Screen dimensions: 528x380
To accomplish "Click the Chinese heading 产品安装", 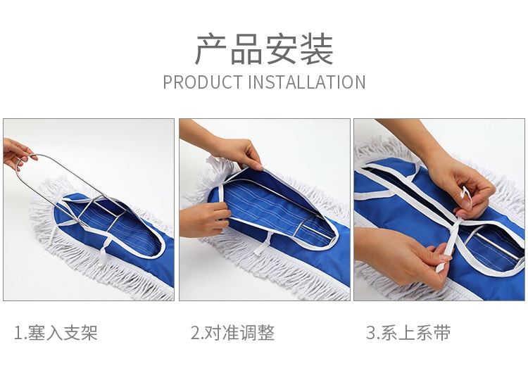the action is point(264,49).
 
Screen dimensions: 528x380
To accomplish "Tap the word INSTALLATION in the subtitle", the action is point(307,82).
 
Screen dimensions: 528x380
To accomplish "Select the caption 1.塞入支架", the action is point(56,333).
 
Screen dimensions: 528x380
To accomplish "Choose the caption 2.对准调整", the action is point(233,333).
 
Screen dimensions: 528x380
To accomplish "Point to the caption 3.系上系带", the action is point(408,333).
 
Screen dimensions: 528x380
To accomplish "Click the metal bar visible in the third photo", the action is point(495,243).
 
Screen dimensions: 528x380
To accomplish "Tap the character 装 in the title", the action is point(317,49).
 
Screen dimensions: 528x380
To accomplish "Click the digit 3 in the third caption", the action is point(370,333).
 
